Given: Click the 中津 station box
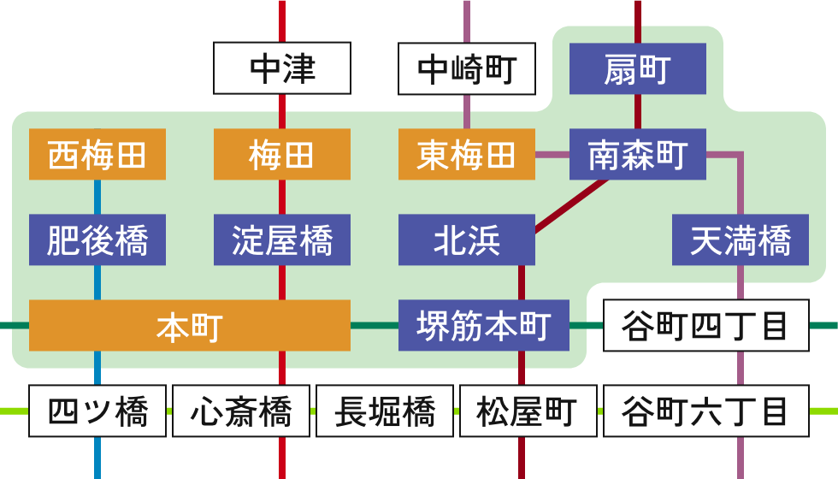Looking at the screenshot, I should pyautogui.click(x=282, y=68).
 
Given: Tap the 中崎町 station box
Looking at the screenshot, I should pyautogui.click(x=467, y=68).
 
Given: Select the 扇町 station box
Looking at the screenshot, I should pyautogui.click(x=638, y=68).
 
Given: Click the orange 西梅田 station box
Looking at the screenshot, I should pyautogui.click(x=97, y=155).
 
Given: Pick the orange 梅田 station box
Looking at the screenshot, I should pyautogui.click(x=282, y=155).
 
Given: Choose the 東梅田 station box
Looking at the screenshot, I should pyautogui.click(x=467, y=155).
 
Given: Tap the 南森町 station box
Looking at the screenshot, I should pyautogui.click(x=638, y=155).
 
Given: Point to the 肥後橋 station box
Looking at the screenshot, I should pyautogui.click(x=97, y=239).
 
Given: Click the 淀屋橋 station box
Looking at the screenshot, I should pyautogui.click(x=282, y=239).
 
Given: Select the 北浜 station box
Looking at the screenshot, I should pyautogui.click(x=467, y=239).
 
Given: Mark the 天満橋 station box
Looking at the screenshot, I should pyautogui.click(x=741, y=239).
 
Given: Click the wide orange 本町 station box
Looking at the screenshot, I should pyautogui.click(x=190, y=325).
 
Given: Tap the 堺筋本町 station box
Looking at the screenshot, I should pyautogui.click(x=484, y=325).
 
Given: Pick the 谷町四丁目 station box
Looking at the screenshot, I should pyautogui.click(x=706, y=325).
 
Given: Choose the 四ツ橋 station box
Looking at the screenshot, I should pyautogui.click(x=97, y=411).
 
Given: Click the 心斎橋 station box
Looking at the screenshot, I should pyautogui.click(x=241, y=411).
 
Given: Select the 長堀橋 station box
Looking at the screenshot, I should pyautogui.click(x=385, y=411).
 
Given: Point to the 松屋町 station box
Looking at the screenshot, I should pyautogui.click(x=528, y=411).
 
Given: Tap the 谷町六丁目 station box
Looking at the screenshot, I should pyautogui.click(x=706, y=411).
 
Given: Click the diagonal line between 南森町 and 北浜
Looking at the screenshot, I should pyautogui.click(x=571, y=206).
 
